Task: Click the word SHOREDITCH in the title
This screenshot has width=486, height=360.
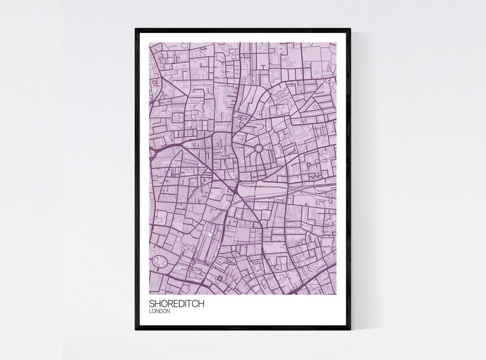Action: click(x=178, y=303)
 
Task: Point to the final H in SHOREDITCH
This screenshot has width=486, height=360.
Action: click(x=204, y=303)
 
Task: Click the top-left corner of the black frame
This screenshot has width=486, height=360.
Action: click(x=136, y=29)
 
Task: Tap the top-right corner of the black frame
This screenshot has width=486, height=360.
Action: click(x=350, y=29)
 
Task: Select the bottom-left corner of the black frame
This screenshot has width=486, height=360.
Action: click(x=136, y=329)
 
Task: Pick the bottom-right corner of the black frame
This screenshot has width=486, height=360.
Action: click(x=350, y=329)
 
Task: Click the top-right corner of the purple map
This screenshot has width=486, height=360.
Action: click(x=336, y=43)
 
